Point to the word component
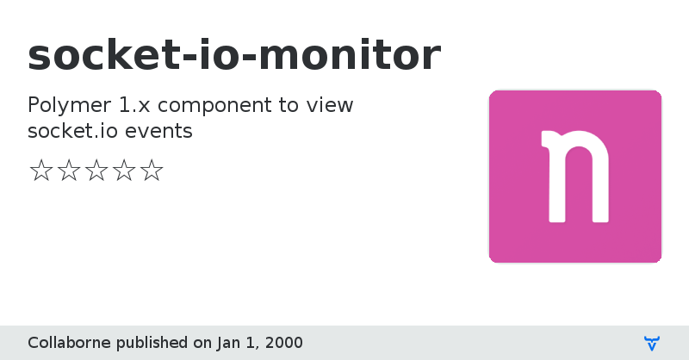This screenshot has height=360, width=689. point(216,106)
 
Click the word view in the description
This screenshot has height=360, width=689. point(332,105)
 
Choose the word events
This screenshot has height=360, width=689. point(164,132)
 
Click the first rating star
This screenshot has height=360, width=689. point(40,171)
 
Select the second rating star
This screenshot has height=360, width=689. point(68,171)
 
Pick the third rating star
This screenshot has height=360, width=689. point(96,171)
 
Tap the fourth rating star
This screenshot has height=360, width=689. point(123,171)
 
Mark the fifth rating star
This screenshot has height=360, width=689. point(151,171)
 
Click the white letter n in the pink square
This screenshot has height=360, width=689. point(574,177)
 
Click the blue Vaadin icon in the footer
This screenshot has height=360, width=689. point(652,343)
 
